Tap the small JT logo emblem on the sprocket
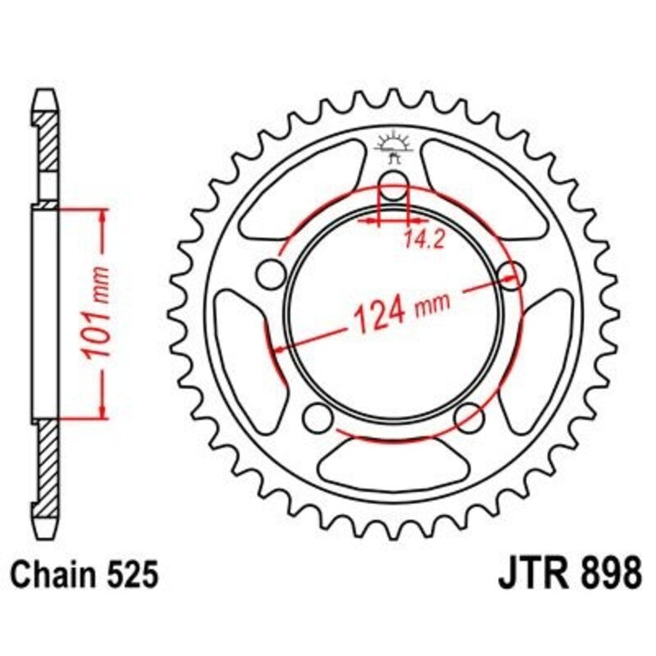tap(393, 148)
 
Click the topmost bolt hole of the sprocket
tap(394, 187)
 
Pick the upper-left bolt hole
tap(268, 272)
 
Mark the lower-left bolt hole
tap(315, 418)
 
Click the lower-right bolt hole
tap(468, 417)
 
